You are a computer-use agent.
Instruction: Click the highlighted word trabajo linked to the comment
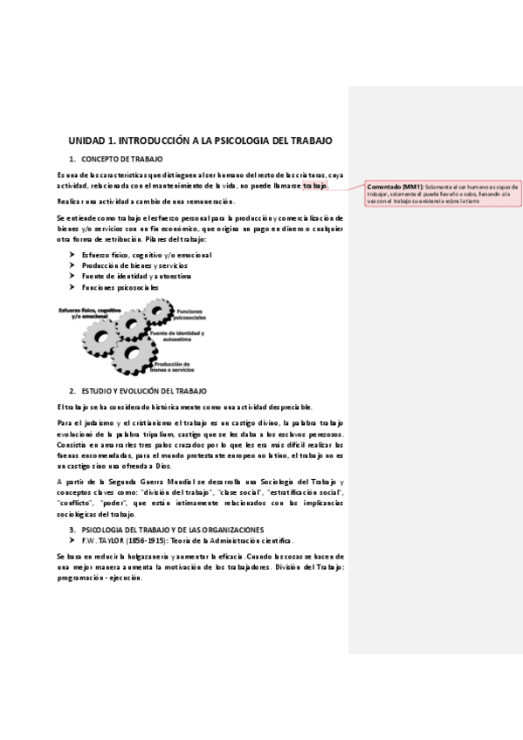[x=315, y=186]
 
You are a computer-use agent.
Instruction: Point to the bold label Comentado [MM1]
[x=395, y=187]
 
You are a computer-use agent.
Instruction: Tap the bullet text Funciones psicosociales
[x=120, y=286]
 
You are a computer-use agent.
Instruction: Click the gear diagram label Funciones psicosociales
[x=193, y=314]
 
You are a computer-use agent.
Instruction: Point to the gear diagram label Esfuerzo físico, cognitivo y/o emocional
[x=88, y=313]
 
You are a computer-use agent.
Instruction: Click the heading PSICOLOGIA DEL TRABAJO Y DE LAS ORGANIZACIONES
[x=166, y=529]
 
